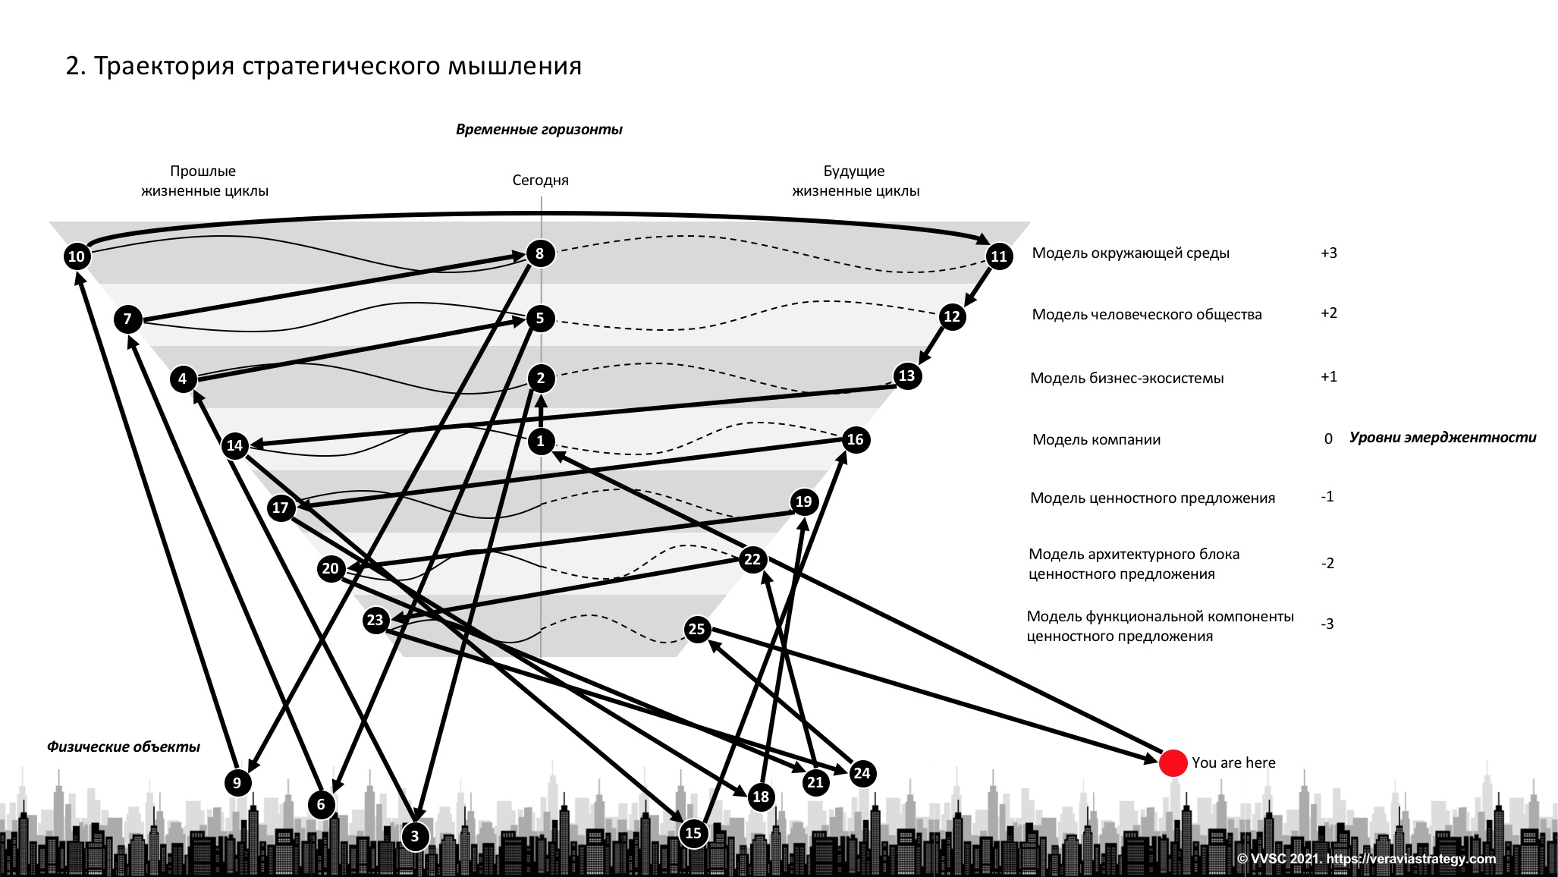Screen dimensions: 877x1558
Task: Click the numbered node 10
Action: click(77, 256)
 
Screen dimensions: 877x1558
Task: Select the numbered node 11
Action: click(999, 256)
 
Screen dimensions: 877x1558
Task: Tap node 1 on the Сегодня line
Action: click(541, 441)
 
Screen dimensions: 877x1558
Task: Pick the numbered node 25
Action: click(696, 629)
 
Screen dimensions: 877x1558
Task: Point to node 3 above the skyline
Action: click(415, 837)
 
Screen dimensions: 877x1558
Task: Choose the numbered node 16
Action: click(855, 440)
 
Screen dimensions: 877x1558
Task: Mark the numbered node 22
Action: click(752, 560)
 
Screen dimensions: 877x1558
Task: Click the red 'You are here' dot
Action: click(1173, 763)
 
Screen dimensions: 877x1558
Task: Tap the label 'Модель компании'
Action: click(1096, 440)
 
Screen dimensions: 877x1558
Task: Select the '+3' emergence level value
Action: click(1328, 253)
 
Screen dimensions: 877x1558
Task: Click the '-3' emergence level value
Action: click(1327, 624)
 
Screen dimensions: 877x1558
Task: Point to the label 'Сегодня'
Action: click(540, 181)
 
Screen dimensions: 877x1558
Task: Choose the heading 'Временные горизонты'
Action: click(539, 130)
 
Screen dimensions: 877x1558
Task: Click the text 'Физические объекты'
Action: click(124, 747)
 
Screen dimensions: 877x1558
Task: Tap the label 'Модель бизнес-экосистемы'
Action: click(1126, 379)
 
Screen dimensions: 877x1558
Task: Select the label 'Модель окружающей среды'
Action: click(1130, 253)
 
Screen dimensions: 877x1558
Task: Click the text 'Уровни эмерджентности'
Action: click(1442, 438)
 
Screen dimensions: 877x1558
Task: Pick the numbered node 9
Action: click(237, 782)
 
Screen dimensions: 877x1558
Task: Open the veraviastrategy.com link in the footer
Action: click(1411, 859)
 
